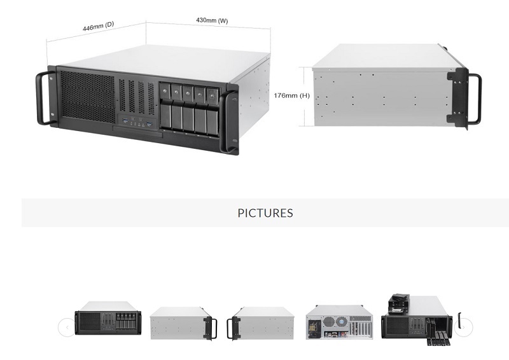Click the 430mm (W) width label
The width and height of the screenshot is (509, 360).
(212, 21)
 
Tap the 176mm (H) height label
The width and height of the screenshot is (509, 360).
(292, 95)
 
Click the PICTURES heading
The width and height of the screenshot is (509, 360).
(265, 213)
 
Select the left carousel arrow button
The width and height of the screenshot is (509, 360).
(66, 328)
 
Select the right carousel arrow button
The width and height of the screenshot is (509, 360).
(465, 328)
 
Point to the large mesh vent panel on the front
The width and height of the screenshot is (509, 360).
(86, 95)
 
